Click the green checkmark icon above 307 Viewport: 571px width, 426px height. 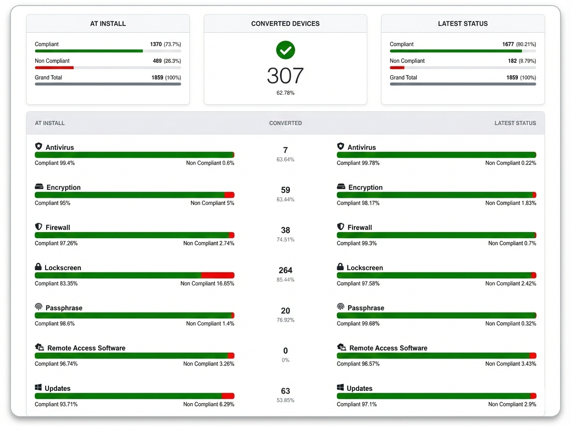click(285, 50)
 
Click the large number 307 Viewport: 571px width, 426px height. click(285, 76)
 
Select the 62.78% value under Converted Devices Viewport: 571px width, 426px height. click(285, 93)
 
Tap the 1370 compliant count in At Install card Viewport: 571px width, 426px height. click(156, 44)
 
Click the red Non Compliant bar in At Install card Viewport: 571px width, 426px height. click(54, 68)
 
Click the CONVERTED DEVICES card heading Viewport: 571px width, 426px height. click(285, 23)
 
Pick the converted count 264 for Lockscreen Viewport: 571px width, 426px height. click(285, 270)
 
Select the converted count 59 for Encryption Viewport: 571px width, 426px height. click(285, 190)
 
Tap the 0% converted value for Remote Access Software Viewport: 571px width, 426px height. click(285, 360)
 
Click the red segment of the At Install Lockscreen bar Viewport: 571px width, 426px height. click(217, 275)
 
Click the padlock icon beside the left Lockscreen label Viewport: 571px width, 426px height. click(39, 267)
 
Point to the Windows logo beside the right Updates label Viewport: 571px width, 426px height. click(341, 388)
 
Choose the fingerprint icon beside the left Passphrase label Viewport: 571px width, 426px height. click(39, 307)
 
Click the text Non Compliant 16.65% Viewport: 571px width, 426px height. click(207, 283)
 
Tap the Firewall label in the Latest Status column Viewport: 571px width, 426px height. click(360, 227)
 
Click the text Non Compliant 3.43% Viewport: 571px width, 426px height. click(511, 364)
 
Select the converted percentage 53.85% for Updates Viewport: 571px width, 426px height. click(285, 400)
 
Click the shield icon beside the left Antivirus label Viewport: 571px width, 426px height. click(39, 146)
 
